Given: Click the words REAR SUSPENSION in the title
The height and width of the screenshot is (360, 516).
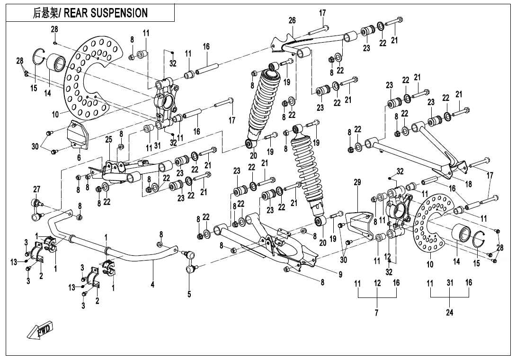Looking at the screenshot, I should coord(106,13).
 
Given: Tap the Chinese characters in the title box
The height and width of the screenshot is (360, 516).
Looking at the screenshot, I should coord(44,13).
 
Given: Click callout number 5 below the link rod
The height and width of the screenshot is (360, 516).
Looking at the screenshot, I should coord(189,294).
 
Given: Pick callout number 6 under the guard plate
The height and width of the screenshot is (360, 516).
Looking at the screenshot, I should coord(79,157).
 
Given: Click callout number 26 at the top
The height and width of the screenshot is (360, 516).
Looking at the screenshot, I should coord(292,20).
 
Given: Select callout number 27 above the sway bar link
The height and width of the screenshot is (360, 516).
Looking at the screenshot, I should coord(36,189).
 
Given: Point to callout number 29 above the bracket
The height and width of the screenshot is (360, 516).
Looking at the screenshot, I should coord(357,182).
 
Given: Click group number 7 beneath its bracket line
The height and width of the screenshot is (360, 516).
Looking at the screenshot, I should coord(377,313).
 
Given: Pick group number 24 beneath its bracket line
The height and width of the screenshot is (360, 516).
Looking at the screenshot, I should coord(449,313).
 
